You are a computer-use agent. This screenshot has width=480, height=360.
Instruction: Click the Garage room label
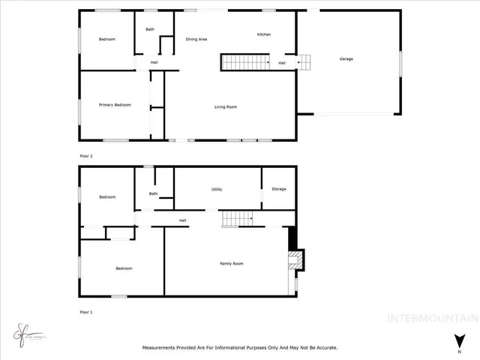(346, 59)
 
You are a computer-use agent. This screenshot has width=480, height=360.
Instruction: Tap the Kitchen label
(264, 35)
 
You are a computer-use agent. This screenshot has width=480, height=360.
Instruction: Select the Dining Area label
(196, 39)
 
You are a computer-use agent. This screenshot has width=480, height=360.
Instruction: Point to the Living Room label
(226, 107)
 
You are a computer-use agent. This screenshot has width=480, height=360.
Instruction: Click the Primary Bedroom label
(115, 105)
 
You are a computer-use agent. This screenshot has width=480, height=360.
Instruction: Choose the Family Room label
(231, 263)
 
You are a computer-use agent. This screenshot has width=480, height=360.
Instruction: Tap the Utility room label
(217, 189)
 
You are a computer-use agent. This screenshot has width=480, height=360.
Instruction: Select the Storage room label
(279, 189)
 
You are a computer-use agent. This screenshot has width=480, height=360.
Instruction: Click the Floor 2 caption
(86, 156)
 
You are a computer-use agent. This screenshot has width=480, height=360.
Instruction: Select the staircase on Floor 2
(244, 62)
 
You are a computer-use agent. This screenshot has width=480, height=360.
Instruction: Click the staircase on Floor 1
(238, 218)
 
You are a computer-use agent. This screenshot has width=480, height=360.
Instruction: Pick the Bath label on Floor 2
(150, 29)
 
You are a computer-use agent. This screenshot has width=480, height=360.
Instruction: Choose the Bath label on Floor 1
(153, 193)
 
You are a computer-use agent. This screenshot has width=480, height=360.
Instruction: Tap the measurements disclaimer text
(240, 347)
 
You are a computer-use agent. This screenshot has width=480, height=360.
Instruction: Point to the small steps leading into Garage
(304, 62)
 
